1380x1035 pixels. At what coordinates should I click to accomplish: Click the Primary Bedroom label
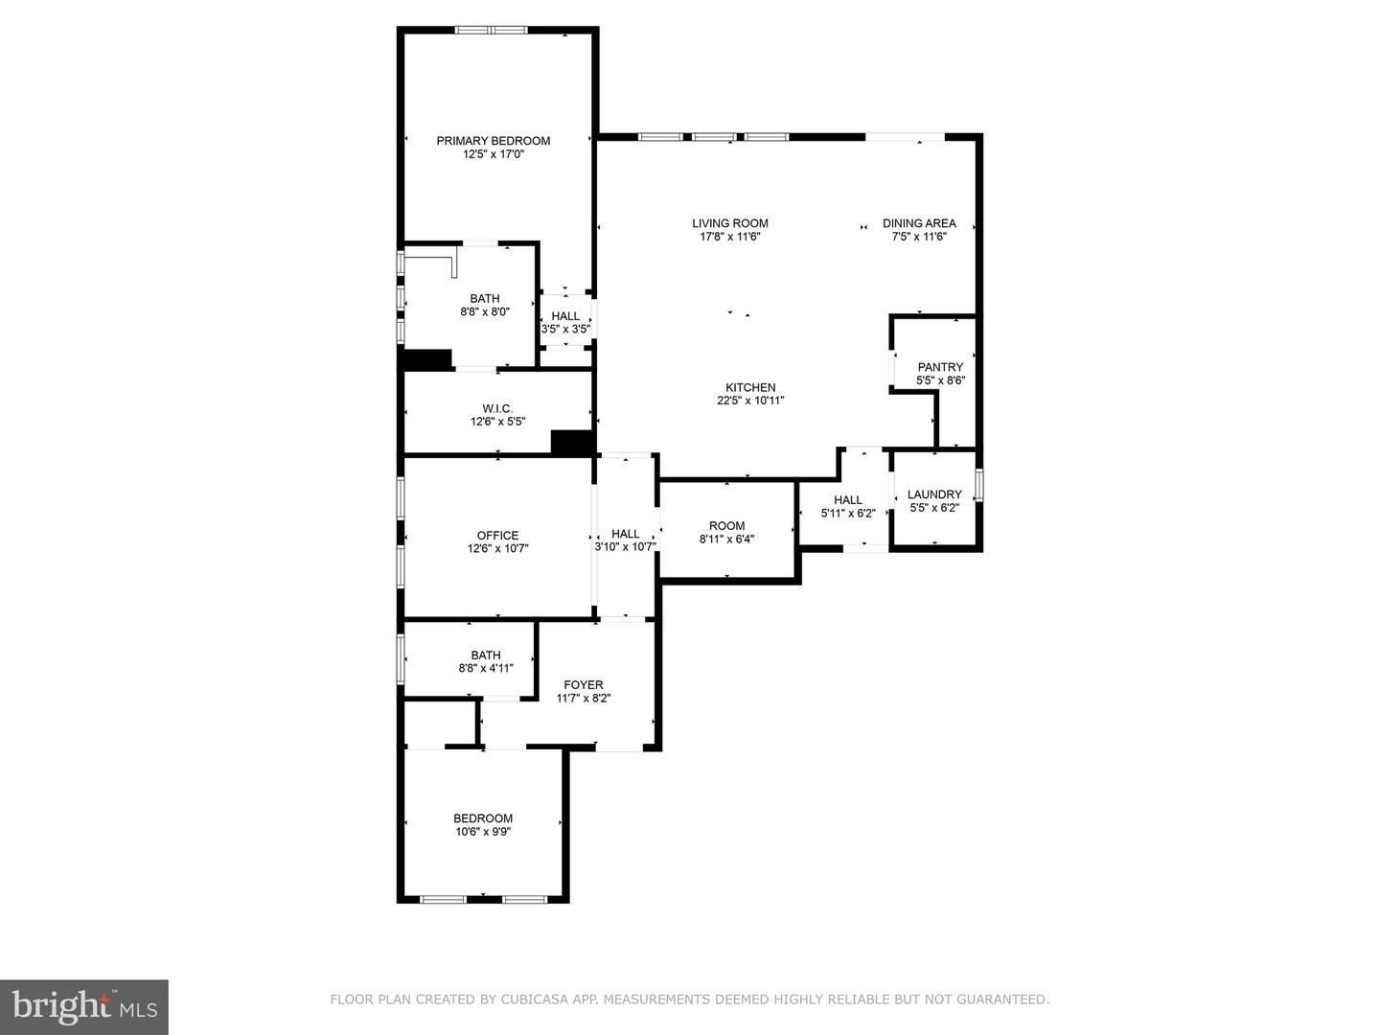click(493, 141)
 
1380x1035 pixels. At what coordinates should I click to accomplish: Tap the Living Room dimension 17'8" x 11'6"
click(729, 237)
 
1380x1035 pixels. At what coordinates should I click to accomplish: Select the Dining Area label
click(919, 223)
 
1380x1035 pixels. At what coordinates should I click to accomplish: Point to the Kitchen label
click(749, 387)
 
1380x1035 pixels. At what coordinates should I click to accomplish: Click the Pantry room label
click(940, 367)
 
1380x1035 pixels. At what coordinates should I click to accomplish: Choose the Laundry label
click(934, 494)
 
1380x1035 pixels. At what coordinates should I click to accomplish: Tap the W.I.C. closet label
click(497, 408)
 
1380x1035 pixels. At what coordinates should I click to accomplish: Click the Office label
click(497, 536)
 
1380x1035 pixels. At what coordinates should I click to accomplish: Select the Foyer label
click(583, 684)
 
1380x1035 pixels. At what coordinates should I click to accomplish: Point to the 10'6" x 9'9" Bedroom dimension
click(483, 832)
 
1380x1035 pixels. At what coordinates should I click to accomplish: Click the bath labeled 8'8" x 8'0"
click(484, 299)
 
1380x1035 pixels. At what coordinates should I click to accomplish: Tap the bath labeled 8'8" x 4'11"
click(486, 655)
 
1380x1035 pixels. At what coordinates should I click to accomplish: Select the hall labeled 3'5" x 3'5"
click(565, 316)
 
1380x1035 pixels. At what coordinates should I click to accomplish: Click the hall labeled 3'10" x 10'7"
click(625, 535)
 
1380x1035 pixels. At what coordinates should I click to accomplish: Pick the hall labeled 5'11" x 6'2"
click(847, 500)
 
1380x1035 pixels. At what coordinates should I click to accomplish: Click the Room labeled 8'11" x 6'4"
click(726, 526)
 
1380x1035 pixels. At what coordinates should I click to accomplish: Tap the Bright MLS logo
click(84, 1006)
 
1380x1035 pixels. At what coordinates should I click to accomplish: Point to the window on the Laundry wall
click(978, 485)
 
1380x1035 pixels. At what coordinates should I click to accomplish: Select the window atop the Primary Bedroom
click(491, 31)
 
